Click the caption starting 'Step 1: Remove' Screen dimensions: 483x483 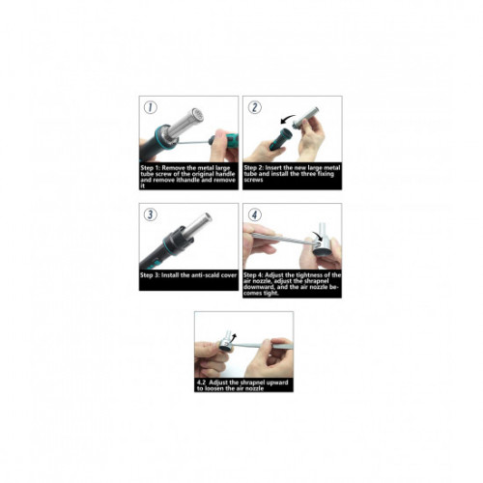click(x=188, y=174)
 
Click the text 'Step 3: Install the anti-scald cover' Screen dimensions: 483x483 click(x=188, y=276)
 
